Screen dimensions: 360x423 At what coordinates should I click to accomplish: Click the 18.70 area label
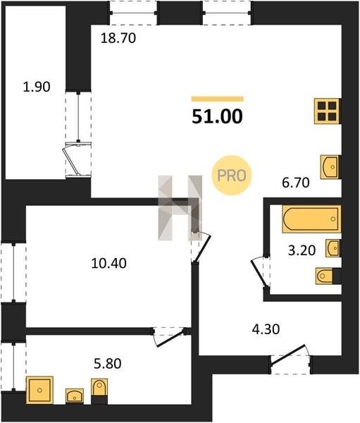[x=118, y=38]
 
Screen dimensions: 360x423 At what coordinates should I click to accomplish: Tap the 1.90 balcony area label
[x=37, y=87]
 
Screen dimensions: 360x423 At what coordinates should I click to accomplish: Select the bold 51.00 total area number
[x=218, y=116]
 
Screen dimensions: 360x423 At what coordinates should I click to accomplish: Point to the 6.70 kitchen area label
[x=296, y=183]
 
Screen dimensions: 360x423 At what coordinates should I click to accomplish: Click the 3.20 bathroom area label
[x=302, y=250]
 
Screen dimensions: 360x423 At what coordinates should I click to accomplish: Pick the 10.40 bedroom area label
[x=108, y=263]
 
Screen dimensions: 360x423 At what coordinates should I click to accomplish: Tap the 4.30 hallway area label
[x=266, y=329]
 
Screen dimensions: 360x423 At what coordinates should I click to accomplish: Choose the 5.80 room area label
[x=107, y=364]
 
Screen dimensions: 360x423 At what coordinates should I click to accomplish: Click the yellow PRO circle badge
[x=232, y=176]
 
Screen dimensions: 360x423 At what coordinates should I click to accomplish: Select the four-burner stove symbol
[x=328, y=111]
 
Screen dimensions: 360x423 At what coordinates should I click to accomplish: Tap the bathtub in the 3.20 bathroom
[x=311, y=219]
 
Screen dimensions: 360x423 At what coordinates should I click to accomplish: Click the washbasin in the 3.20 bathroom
[x=333, y=248]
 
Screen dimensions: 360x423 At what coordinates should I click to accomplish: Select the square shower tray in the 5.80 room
[x=39, y=390]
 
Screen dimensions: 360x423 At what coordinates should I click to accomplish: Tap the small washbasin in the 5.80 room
[x=75, y=396]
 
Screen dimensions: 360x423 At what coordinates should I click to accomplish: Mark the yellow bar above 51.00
[x=218, y=99]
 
